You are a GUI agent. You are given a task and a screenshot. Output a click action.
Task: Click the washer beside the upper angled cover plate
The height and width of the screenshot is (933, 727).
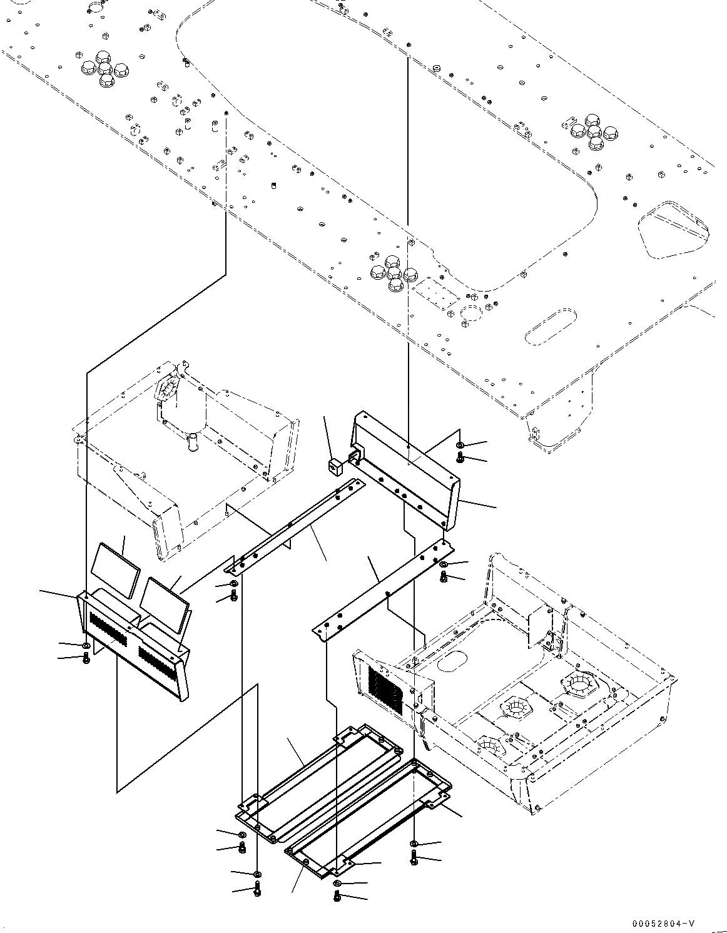click(460, 445)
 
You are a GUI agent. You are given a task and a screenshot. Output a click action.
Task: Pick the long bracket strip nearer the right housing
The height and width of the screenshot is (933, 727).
click(383, 587)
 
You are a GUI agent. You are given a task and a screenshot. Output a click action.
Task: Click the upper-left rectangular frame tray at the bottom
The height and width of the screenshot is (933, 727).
click(319, 782)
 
